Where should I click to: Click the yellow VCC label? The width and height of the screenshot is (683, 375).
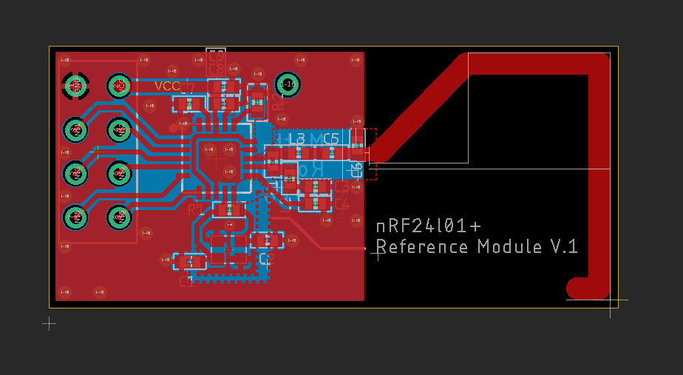click(x=167, y=87)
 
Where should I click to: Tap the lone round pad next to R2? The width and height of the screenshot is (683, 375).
click(x=288, y=85)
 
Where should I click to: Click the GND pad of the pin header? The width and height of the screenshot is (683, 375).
click(x=75, y=87)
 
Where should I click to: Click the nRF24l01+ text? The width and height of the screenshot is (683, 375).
click(x=429, y=226)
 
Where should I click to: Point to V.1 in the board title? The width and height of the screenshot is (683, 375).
click(x=564, y=246)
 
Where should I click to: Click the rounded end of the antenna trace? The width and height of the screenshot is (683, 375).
click(x=577, y=288)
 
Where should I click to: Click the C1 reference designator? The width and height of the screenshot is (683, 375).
click(x=187, y=281)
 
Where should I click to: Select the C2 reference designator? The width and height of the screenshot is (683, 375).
click(x=267, y=258)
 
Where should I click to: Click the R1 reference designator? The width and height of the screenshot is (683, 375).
click(x=195, y=210)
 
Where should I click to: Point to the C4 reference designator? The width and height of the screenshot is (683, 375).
click(x=341, y=203)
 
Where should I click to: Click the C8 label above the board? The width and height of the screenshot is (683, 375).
click(x=217, y=69)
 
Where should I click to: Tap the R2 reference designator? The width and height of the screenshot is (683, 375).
click(x=278, y=102)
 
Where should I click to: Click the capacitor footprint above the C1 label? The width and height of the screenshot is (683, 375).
click(x=190, y=261)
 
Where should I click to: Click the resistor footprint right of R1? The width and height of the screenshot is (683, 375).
click(x=229, y=211)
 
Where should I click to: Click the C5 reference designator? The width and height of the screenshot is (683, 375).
click(x=330, y=138)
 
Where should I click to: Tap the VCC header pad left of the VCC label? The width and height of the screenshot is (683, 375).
click(x=118, y=87)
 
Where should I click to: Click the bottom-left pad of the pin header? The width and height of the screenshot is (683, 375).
click(x=75, y=217)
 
